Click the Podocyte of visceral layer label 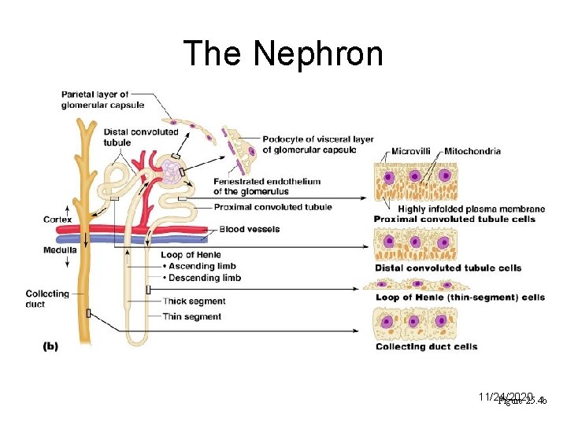coord(318,145)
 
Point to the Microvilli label coord(414,151)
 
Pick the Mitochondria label coord(472,151)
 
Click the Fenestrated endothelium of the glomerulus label coord(266,187)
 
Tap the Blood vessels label coord(249,230)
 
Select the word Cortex coord(57,219)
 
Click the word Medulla coord(60,249)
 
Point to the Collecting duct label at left coord(47,298)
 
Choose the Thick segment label coord(194,301)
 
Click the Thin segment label coord(191,316)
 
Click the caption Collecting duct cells coord(426,346)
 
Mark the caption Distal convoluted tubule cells coord(447,268)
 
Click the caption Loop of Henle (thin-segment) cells coord(460,297)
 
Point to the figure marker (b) coord(50,345)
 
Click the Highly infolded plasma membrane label coord(471,209)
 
